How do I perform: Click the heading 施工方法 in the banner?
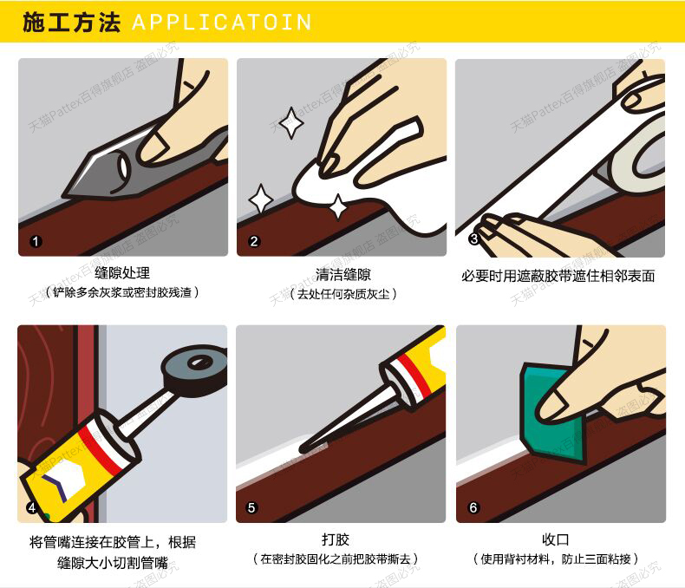pyautogui.click(x=71, y=23)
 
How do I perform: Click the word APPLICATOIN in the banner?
pyautogui.click(x=222, y=23)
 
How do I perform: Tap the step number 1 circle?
pyautogui.click(x=36, y=241)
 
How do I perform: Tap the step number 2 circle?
pyautogui.click(x=254, y=241)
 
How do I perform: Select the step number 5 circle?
pyautogui.click(x=251, y=507)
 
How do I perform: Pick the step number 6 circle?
pyautogui.click(x=473, y=507)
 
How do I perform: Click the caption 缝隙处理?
pyautogui.click(x=122, y=273)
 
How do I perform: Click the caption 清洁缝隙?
pyautogui.click(x=343, y=274)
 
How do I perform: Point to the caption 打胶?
pyautogui.click(x=336, y=539)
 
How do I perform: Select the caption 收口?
pyautogui.click(x=556, y=539)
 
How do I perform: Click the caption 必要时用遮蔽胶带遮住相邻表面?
pyautogui.click(x=558, y=276)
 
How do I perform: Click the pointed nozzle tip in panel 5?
pyautogui.click(x=303, y=448)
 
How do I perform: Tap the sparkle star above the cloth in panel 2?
pyautogui.click(x=291, y=123)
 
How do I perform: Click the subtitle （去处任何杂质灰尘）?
pyautogui.click(x=343, y=294)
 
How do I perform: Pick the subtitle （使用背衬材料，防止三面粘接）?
pyautogui.click(x=556, y=559)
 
